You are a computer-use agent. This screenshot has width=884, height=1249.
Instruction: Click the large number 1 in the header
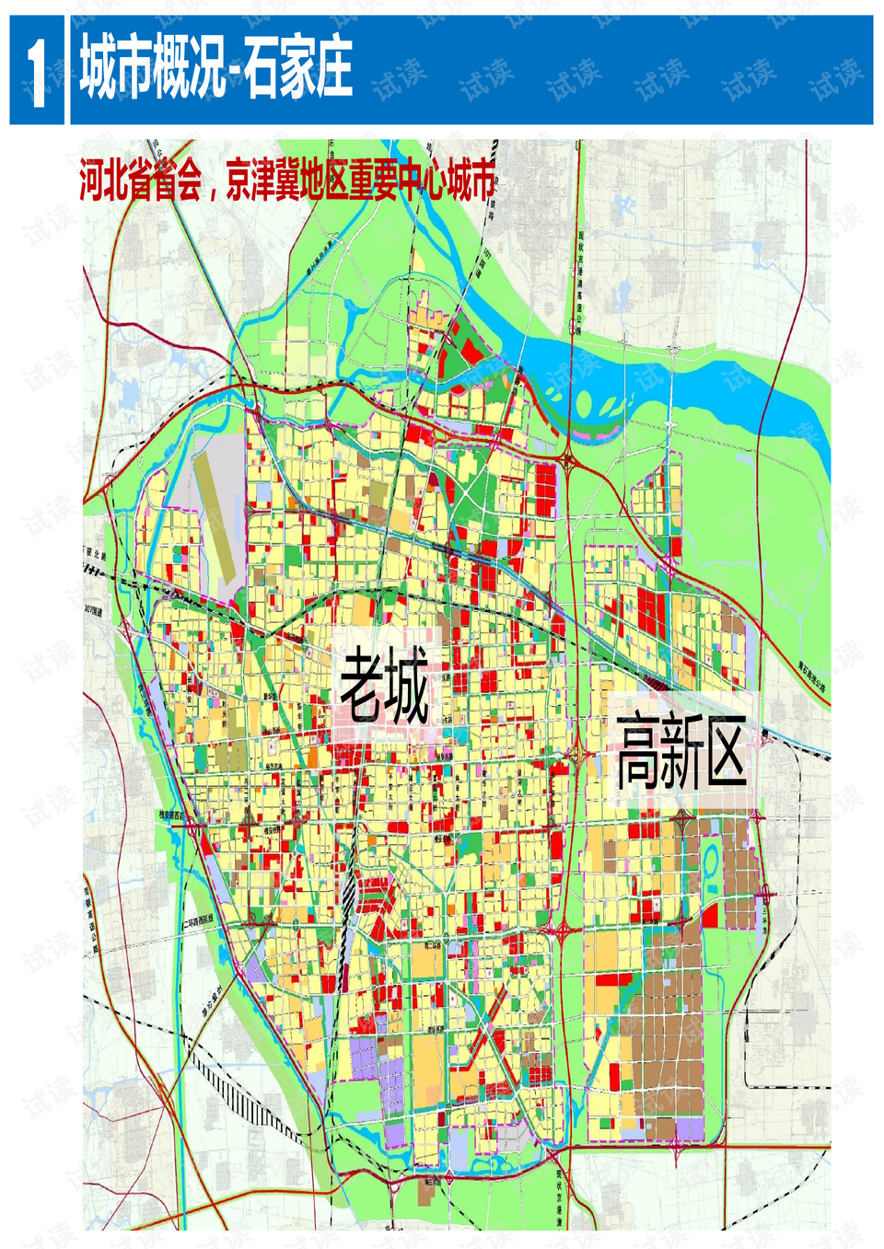tap(36, 72)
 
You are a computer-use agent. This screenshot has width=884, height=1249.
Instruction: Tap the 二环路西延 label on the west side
tap(197, 920)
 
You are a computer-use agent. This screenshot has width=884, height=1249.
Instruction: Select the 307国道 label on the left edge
tap(93, 609)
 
